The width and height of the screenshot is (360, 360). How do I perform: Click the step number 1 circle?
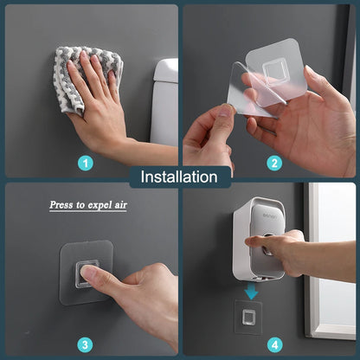(x=85, y=162)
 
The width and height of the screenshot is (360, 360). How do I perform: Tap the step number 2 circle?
(x=274, y=162)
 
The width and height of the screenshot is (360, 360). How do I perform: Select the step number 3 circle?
(x=85, y=344)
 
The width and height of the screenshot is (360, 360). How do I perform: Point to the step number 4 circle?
(x=274, y=344)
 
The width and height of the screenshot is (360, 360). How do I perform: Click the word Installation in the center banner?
(x=179, y=177)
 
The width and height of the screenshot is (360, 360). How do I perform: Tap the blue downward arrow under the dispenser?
(x=251, y=292)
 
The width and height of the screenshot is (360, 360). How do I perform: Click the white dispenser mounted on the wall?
(x=257, y=238)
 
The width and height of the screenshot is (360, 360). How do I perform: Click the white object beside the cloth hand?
(x=164, y=100)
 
